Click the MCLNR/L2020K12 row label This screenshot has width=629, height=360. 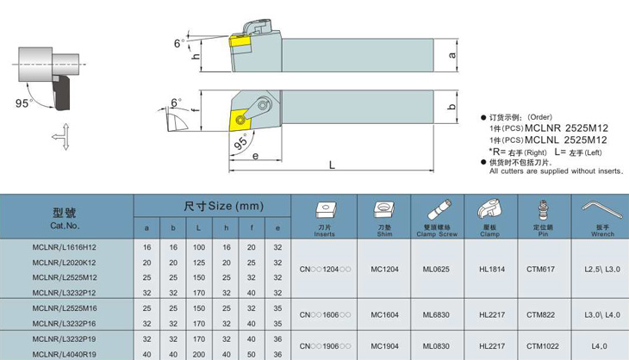coord(64,263)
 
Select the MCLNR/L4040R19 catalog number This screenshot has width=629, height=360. coord(64,354)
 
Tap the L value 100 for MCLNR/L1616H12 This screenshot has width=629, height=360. coord(198,247)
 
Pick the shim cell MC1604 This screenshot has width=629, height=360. coord(384,315)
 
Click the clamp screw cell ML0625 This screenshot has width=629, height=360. coord(436,270)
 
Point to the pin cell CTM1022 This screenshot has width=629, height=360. coord(542,346)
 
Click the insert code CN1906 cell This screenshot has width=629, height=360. coord(325,346)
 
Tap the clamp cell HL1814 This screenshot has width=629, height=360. coord(492,270)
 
